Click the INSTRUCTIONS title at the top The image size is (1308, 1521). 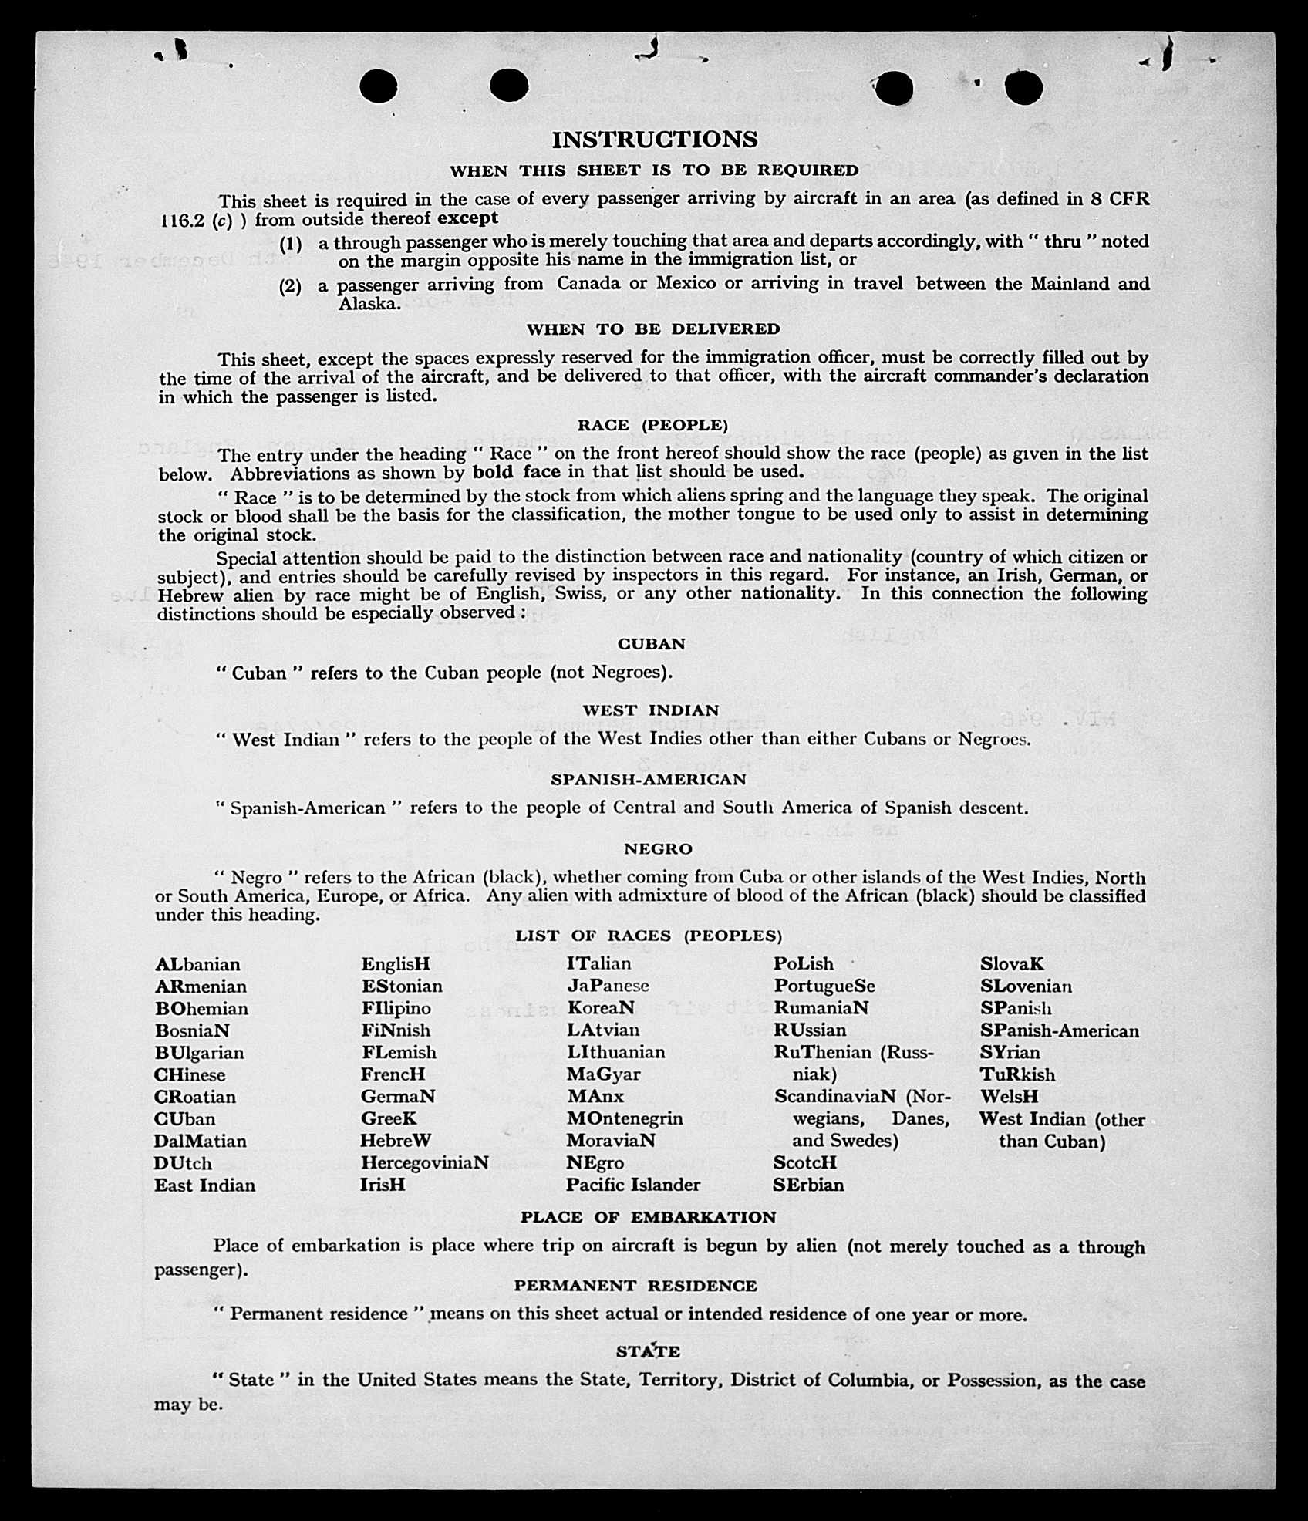655,140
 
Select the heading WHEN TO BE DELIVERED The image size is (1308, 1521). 653,329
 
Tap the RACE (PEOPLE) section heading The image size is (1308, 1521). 652,425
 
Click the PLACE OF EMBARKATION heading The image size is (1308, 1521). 648,1217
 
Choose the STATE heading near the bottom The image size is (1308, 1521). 648,1351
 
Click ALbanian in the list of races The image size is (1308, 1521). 197,965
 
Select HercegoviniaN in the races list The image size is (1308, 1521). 424,1162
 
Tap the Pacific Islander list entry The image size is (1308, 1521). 633,1185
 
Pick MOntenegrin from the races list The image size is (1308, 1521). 625,1118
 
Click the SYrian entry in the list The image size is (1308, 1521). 1010,1053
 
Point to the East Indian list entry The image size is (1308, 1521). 204,1185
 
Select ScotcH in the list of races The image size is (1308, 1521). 804,1162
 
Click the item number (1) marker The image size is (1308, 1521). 290,245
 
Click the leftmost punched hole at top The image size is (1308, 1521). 378,86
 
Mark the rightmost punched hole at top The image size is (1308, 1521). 1024,87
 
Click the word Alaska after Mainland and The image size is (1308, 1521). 369,304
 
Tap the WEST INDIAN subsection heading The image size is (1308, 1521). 651,710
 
